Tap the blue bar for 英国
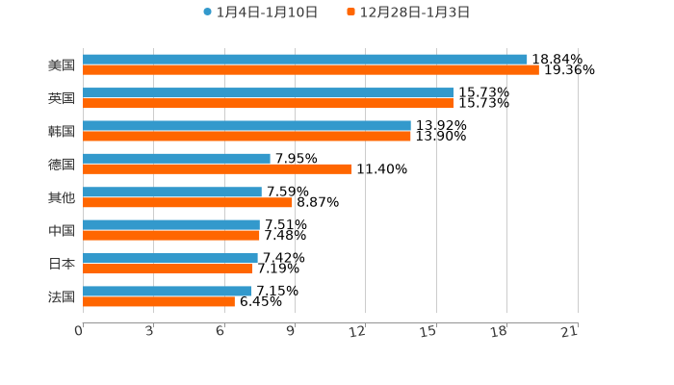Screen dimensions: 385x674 pos(269,92)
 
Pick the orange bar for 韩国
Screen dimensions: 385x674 pos(246,137)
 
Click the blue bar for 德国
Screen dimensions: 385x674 pos(176,159)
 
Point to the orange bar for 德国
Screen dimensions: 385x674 pos(218,169)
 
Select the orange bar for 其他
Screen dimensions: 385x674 pos(188,202)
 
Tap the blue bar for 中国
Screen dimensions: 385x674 pos(171,224)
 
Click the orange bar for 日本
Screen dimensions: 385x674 pos(168,269)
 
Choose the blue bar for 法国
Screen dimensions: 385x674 pos(168,291)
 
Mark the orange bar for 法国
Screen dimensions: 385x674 pos(159,301)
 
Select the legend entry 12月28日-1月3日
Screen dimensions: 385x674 pos(415,13)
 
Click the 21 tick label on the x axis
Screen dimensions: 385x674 pos(570,332)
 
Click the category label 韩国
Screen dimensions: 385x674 pos(62,132)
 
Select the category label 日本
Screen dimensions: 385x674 pos(62,264)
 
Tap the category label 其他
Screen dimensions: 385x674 pos(62,198)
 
